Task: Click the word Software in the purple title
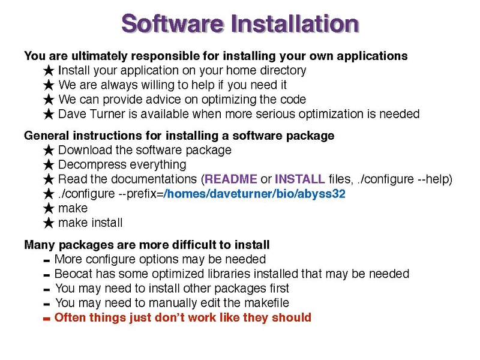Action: coord(173,23)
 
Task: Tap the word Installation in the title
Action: coord(295,23)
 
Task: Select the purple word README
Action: coord(231,179)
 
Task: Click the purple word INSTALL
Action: coord(299,179)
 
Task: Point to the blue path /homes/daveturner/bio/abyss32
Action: coord(254,194)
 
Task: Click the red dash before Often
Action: coord(47,319)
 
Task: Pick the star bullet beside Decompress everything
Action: coord(49,165)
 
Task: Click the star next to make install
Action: coord(49,223)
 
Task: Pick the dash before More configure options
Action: coord(47,261)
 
